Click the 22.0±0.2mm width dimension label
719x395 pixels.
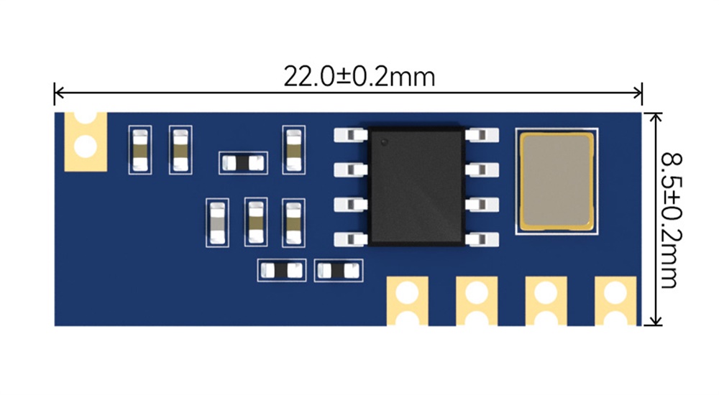tap(359, 76)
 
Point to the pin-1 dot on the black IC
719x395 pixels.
tap(384, 141)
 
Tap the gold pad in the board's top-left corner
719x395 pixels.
tap(86, 141)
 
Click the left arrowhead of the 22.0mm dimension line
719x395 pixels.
tap(58, 92)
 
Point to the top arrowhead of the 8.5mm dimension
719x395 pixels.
tap(654, 116)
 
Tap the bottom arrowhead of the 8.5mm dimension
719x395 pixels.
tap(654, 322)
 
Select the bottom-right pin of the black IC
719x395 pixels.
tap(482, 238)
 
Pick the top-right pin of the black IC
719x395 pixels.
tap(482, 134)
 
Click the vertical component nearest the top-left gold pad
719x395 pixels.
tap(139, 149)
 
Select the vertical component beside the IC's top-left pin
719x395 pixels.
tap(294, 149)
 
